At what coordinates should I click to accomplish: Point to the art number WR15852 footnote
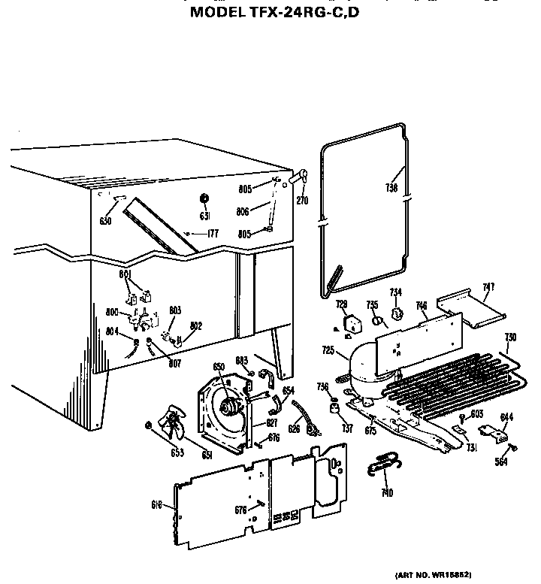click(433, 574)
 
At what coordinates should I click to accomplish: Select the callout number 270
click(302, 201)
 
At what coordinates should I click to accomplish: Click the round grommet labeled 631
click(203, 198)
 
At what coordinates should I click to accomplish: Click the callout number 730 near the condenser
click(510, 337)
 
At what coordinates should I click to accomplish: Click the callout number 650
click(219, 367)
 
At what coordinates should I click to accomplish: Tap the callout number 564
click(500, 462)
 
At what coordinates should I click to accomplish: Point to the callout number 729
click(342, 304)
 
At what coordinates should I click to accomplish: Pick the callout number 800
click(113, 312)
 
